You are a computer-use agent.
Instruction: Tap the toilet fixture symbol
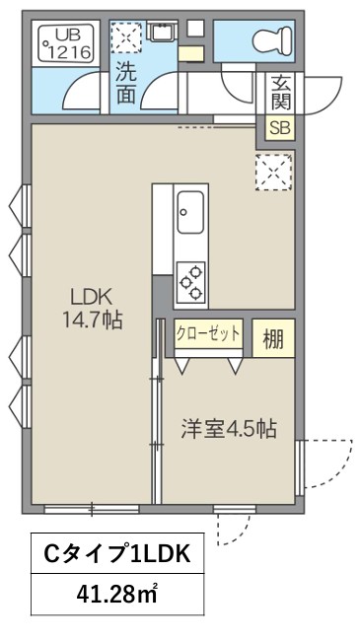[x=267, y=40]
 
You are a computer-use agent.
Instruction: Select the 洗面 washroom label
[x=127, y=82]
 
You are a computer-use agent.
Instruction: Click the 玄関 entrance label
[x=278, y=94]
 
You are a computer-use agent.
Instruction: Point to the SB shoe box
[x=278, y=128]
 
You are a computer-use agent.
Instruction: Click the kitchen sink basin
[x=189, y=210]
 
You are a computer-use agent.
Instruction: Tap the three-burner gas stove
[x=189, y=281]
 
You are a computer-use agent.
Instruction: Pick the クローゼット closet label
[x=208, y=333]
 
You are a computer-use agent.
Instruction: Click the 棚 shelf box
[x=273, y=338]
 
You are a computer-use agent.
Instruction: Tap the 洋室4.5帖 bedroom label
[x=228, y=429]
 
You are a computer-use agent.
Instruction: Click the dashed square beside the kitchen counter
[x=273, y=173]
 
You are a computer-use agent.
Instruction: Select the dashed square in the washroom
[x=127, y=37]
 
